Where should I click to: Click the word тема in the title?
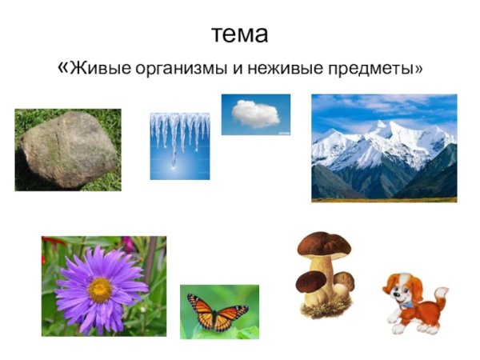(x=239, y=35)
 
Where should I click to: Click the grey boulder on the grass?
(x=68, y=150)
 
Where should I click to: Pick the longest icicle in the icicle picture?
(x=173, y=144)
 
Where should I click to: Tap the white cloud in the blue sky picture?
(x=255, y=114)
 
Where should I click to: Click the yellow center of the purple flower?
(x=100, y=289)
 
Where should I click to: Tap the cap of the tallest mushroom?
(x=324, y=243)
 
